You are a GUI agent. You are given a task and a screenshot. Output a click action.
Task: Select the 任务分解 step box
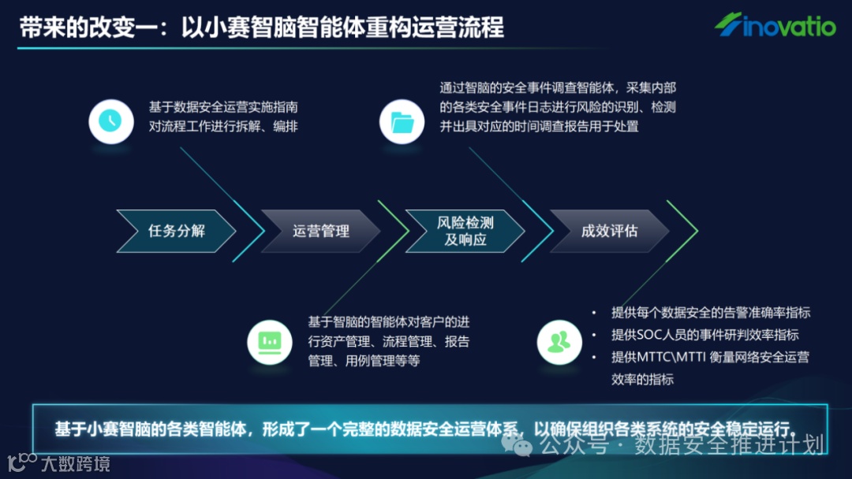176,231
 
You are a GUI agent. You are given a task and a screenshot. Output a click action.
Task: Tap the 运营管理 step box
320,231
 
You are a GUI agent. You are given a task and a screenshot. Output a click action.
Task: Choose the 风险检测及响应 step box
465,231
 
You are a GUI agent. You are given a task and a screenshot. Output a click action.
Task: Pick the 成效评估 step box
609,231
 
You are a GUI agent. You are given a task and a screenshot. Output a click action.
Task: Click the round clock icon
110,121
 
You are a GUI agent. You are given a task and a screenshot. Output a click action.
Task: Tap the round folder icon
402,121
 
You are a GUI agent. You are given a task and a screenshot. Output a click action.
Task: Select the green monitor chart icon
270,342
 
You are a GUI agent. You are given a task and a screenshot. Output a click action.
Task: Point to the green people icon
559,342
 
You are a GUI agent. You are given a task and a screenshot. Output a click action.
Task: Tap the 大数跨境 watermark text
76,463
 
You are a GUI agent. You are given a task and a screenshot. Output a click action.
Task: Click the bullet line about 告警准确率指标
711,313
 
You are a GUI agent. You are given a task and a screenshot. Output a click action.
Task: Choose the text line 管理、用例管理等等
364,361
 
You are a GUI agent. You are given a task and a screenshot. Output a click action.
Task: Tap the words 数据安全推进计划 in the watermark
729,446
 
